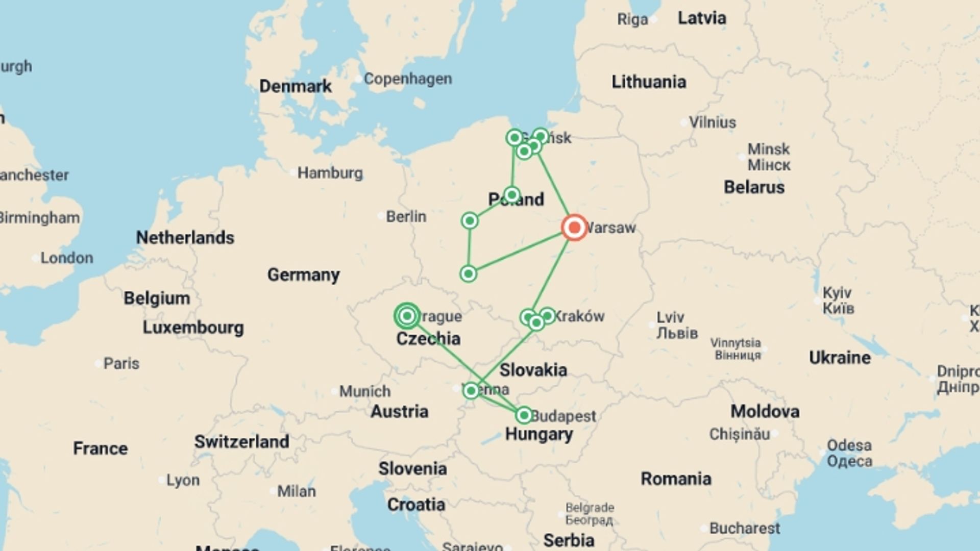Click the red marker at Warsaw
pos(574,228)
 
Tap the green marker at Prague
pos(407,316)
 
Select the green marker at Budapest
pos(524,415)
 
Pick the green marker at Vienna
pos(471,391)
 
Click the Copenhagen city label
pos(407,79)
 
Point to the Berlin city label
pos(406,216)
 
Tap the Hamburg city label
pos(330,173)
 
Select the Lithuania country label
pos(649,82)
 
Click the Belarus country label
pos(754,187)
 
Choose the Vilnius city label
pos(712,122)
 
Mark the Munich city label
pos(364,391)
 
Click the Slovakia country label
pos(533,370)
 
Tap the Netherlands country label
pos(185,237)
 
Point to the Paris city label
pos(121,363)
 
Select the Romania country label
pos(676,479)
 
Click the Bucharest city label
pos(744,528)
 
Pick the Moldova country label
pos(765,411)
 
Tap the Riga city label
pos(632,19)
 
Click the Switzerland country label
pos(241,441)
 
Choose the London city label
pos(66,258)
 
